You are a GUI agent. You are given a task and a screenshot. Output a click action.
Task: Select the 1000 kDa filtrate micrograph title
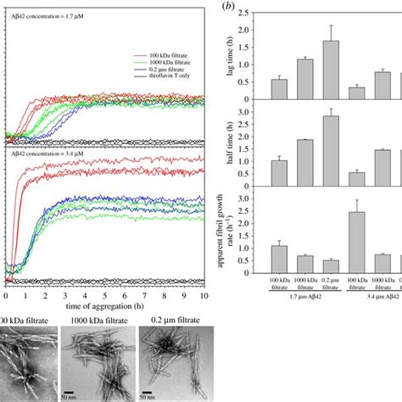point(92,321)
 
